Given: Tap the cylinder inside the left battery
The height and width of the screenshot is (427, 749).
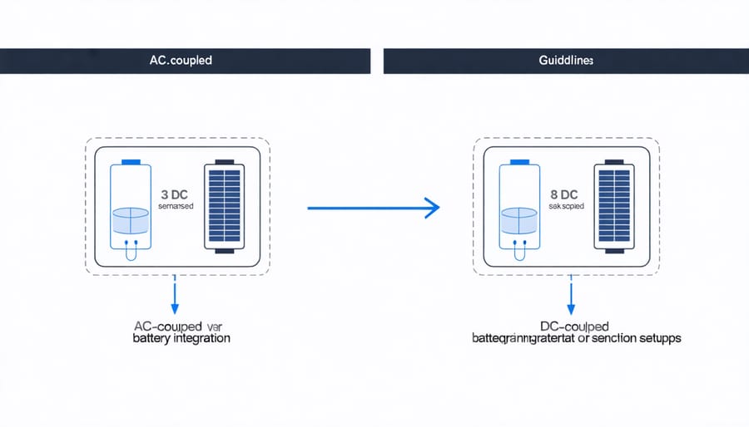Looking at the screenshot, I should pos(131,220).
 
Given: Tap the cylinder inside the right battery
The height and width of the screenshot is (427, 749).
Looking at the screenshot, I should pos(520,221).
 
